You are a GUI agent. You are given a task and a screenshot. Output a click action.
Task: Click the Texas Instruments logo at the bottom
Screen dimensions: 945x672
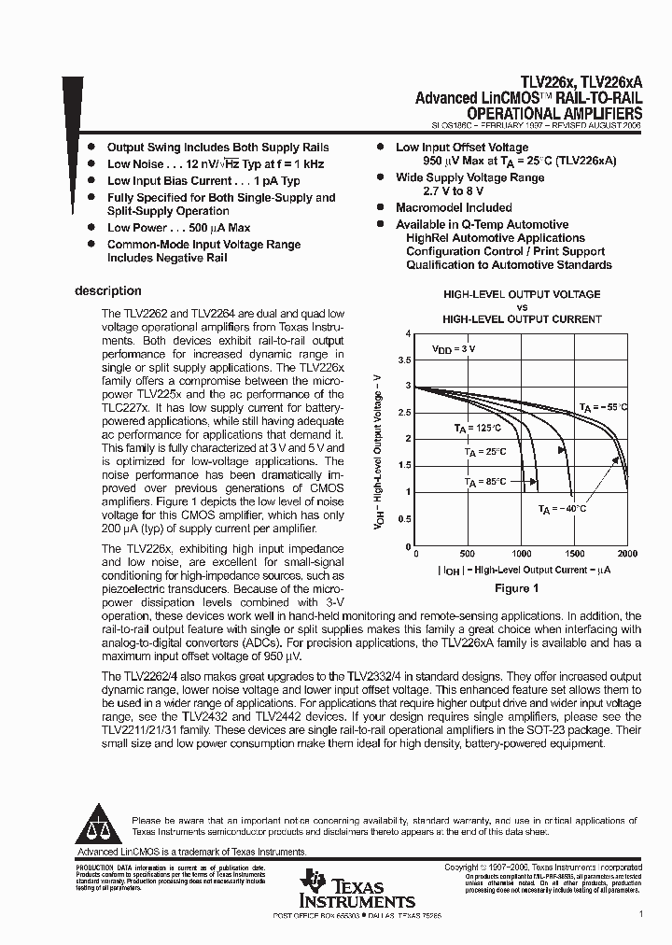357,888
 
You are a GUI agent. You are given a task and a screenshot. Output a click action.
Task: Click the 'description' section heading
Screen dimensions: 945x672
107,290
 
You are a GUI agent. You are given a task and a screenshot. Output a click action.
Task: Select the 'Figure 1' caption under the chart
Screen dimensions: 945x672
516,588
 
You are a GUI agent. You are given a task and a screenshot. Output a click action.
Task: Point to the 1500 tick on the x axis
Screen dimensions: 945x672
574,554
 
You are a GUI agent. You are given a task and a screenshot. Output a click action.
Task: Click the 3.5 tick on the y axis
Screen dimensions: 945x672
404,360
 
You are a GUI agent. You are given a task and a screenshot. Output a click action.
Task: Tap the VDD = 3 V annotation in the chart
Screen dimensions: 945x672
454,348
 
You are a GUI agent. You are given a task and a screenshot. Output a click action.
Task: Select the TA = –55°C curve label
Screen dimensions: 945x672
603,407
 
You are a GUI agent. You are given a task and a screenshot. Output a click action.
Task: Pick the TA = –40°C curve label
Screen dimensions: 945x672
562,509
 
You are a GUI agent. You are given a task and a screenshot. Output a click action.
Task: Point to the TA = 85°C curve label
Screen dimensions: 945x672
486,482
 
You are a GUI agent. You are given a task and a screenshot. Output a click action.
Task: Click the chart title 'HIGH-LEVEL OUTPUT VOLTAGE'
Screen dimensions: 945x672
522,294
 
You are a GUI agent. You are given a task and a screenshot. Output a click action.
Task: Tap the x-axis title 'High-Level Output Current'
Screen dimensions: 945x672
522,570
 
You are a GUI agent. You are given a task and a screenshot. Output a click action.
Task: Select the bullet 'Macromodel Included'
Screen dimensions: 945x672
454,207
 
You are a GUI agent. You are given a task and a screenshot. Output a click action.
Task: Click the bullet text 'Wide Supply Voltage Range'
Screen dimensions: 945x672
469,177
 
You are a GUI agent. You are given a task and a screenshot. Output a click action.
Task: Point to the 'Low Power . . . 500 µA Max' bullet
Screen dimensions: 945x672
178,227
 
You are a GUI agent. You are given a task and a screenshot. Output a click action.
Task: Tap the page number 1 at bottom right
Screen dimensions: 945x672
641,916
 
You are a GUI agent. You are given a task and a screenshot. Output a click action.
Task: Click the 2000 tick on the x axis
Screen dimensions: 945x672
627,554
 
